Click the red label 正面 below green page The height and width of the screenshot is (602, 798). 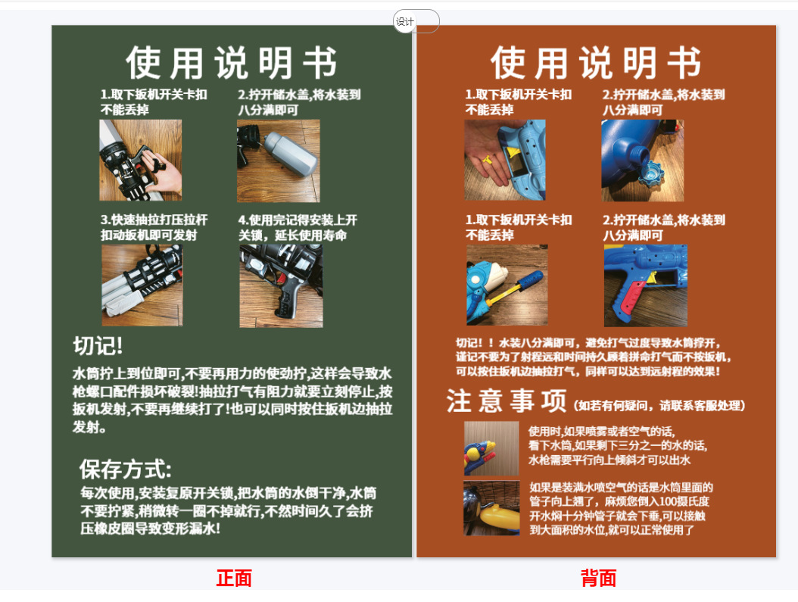pyautogui.click(x=234, y=579)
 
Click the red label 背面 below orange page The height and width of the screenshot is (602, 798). pyautogui.click(x=598, y=579)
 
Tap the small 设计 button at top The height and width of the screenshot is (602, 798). pyautogui.click(x=406, y=22)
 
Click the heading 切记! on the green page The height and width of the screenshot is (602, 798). pyautogui.click(x=98, y=346)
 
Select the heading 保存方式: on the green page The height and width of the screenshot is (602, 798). pyautogui.click(x=126, y=469)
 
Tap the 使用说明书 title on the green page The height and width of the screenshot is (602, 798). pyautogui.click(x=231, y=63)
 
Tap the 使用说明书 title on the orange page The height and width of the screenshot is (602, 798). pyautogui.click(x=596, y=63)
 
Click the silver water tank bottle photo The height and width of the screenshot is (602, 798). pyautogui.click(x=279, y=161)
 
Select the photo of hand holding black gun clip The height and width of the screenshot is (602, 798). pyautogui.click(x=141, y=161)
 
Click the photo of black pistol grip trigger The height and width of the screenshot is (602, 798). pyautogui.click(x=281, y=285)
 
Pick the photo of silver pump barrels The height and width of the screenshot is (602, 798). pyautogui.click(x=142, y=285)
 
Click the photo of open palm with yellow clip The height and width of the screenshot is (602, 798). pyautogui.click(x=505, y=161)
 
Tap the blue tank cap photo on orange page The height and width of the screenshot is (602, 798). pyautogui.click(x=643, y=161)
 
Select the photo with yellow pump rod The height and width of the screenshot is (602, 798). pyautogui.click(x=507, y=285)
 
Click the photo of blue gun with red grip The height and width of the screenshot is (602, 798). pyautogui.click(x=646, y=285)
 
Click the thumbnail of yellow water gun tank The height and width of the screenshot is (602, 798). pyautogui.click(x=491, y=508)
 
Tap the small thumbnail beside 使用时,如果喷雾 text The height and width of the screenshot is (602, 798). pyautogui.click(x=491, y=448)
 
